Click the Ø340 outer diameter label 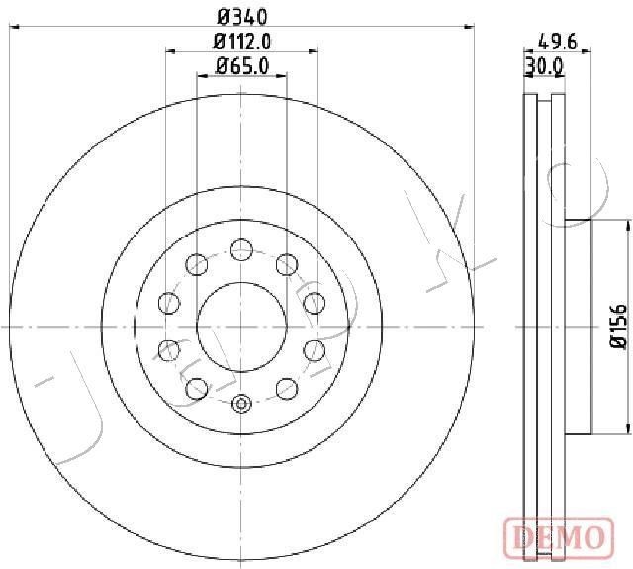click(241, 17)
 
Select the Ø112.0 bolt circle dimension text click(242, 41)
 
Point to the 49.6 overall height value click(558, 41)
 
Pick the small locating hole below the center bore click(241, 403)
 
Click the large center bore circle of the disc click(241, 326)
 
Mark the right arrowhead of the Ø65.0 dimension click(283, 76)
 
